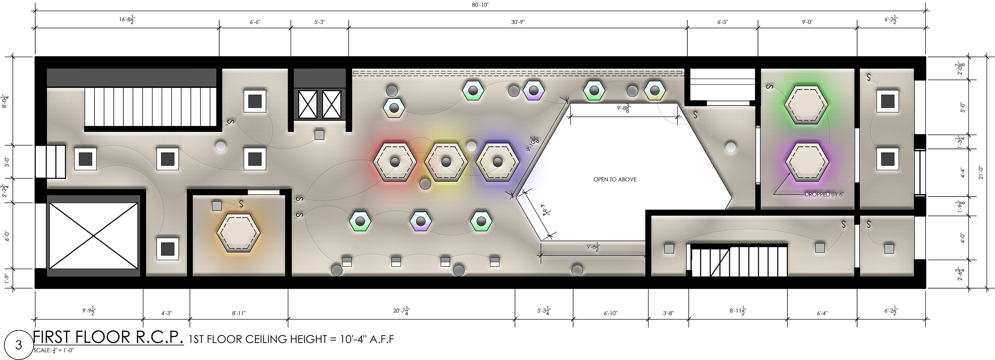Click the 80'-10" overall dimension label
(x=480, y=5)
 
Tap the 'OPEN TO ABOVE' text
(x=615, y=179)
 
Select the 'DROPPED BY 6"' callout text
(x=824, y=194)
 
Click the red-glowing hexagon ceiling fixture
(x=394, y=161)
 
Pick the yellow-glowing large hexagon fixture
(x=446, y=161)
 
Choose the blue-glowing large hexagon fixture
(x=497, y=161)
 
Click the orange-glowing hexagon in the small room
(x=238, y=232)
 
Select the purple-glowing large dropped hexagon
(x=807, y=162)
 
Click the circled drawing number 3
(x=18, y=345)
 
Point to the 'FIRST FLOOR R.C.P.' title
(x=108, y=337)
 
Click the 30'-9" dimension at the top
(x=518, y=22)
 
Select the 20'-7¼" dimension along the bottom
(x=401, y=311)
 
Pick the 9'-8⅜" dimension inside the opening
(x=623, y=109)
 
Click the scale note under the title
(x=53, y=351)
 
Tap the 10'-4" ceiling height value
(x=353, y=339)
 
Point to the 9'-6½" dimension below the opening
(x=593, y=247)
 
